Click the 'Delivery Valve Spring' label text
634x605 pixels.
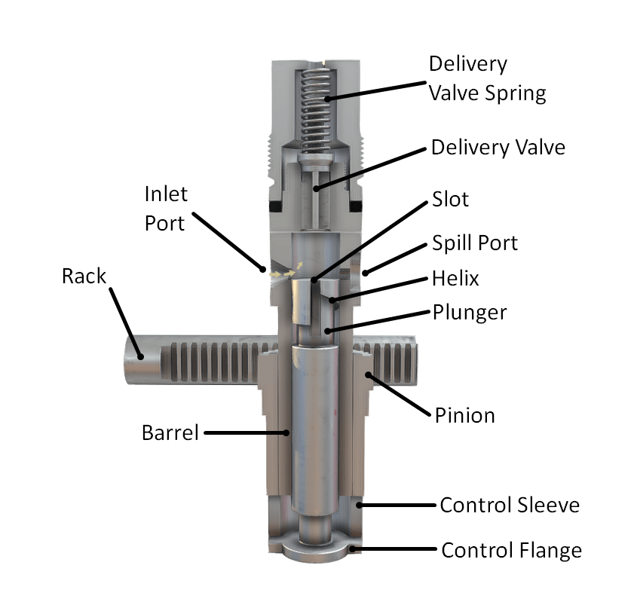487,79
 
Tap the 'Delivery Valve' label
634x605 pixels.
498,148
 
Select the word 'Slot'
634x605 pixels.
450,199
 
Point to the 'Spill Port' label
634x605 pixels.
475,243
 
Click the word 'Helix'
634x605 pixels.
455,279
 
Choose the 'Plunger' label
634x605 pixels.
470,313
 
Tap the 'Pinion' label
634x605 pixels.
464,415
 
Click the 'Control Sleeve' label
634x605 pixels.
510,506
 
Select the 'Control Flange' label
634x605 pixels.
511,551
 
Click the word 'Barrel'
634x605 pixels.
170,432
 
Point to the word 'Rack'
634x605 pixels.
84,277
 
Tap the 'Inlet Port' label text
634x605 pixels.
166,209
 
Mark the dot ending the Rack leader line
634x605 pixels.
141,356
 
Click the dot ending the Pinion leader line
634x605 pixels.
369,375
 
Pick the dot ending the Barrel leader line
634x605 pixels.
286,432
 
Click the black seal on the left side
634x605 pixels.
275,206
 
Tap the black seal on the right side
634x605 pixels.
355,206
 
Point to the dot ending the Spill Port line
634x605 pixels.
365,273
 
